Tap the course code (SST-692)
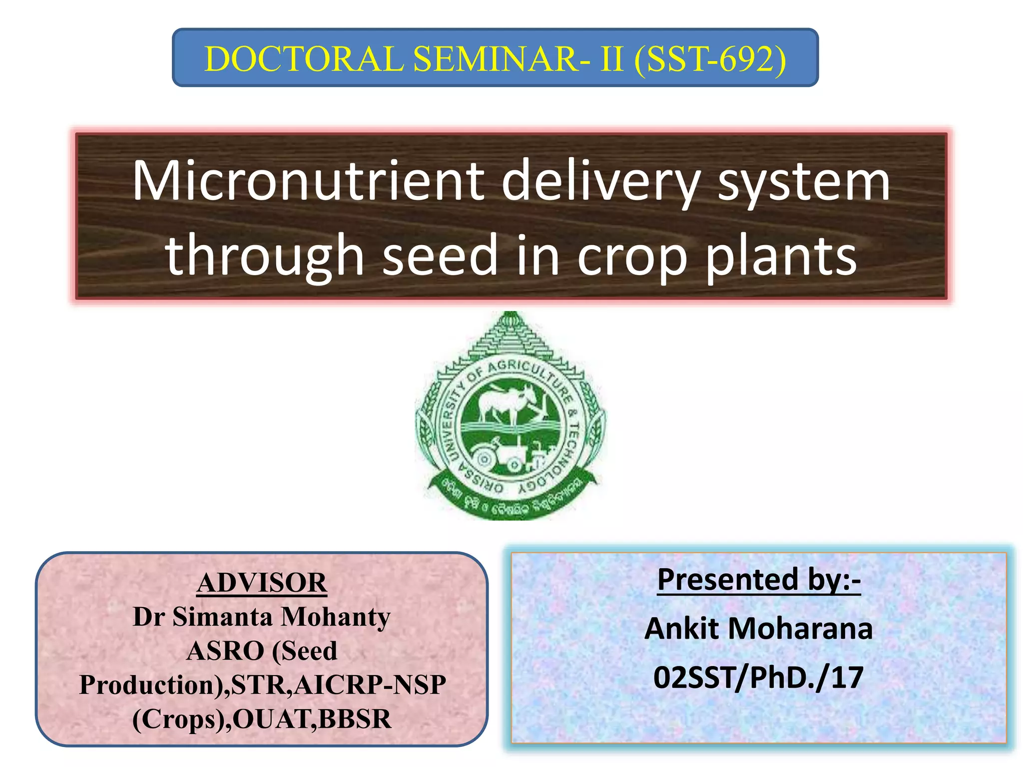[x=710, y=59]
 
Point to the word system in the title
[x=804, y=183]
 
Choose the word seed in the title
[x=440, y=255]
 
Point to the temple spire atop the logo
[x=510, y=335]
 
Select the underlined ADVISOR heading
[x=262, y=583]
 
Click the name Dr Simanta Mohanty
[x=262, y=617]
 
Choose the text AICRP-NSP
[x=370, y=685]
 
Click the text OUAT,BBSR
[x=312, y=719]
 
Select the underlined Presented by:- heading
[x=758, y=579]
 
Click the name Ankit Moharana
[x=758, y=628]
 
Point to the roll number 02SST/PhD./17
[x=758, y=677]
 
